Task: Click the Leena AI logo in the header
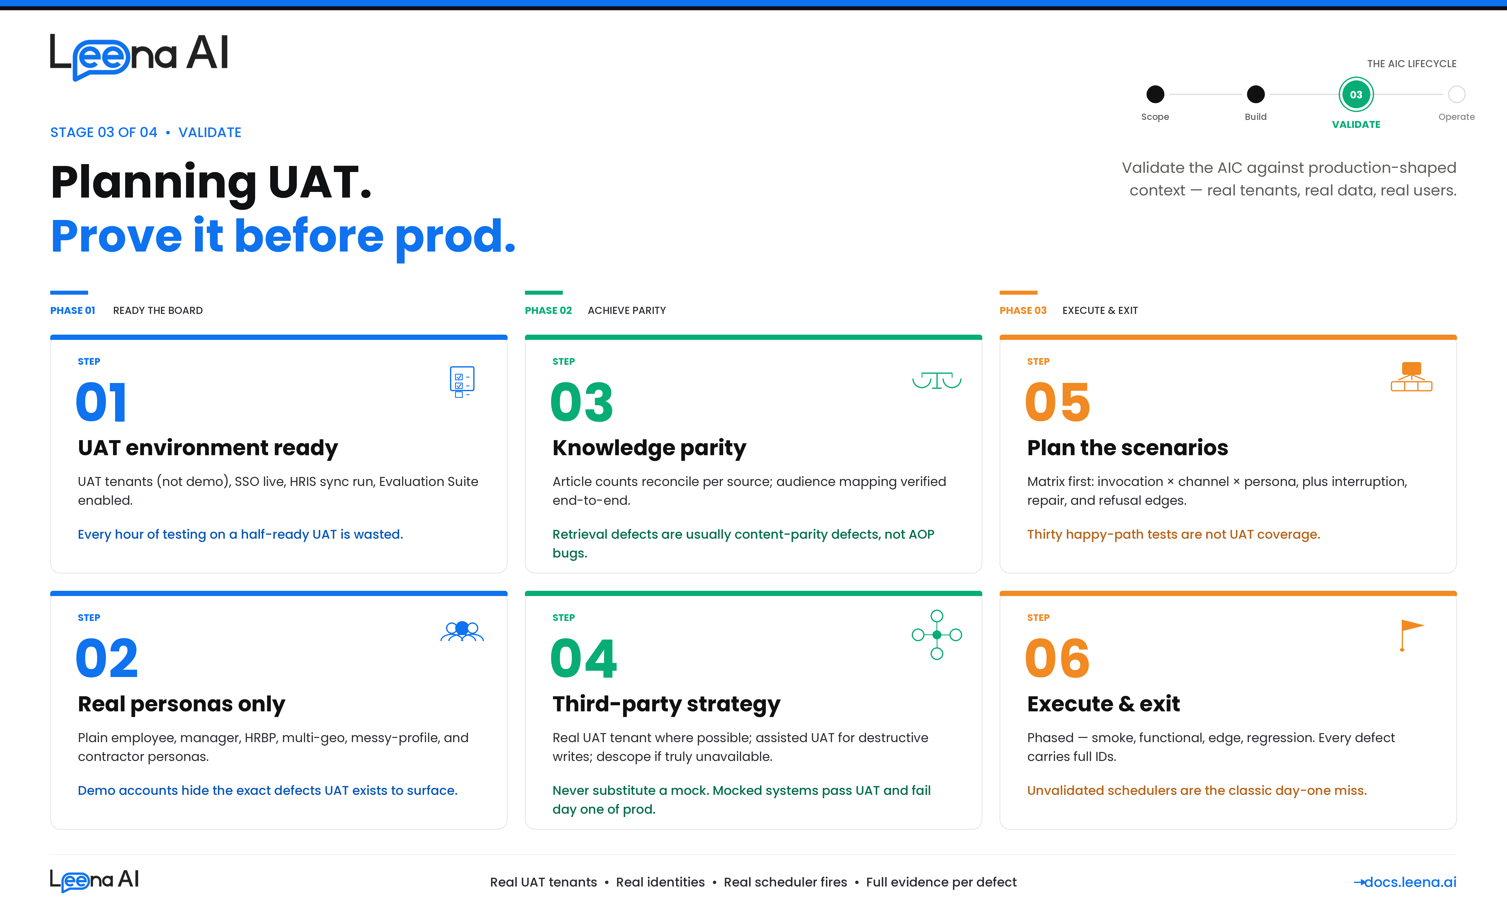pyautogui.click(x=139, y=56)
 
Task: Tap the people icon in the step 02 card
pyautogui.click(x=462, y=630)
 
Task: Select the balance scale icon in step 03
pyautogui.click(x=936, y=380)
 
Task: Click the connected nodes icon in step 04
pyautogui.click(x=936, y=635)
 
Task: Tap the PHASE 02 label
pyautogui.click(x=548, y=311)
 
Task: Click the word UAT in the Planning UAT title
pyautogui.click(x=319, y=182)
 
